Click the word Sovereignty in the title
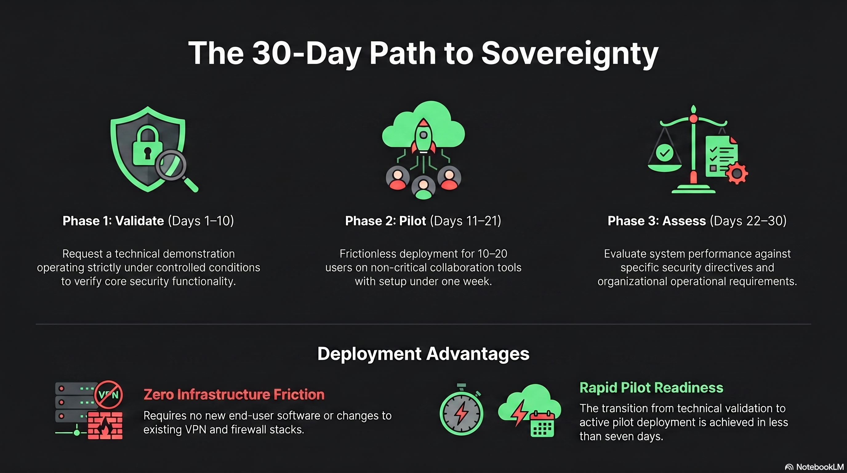coord(570,53)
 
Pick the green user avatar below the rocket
coord(423,188)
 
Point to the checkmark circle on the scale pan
coord(664,153)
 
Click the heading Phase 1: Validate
coord(113,221)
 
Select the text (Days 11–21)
coord(465,221)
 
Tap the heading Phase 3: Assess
coord(656,221)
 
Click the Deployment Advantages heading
coord(423,354)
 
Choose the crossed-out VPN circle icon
coord(109,395)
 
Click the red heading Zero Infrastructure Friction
coord(234,394)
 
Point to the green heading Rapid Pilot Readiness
coord(651,387)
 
